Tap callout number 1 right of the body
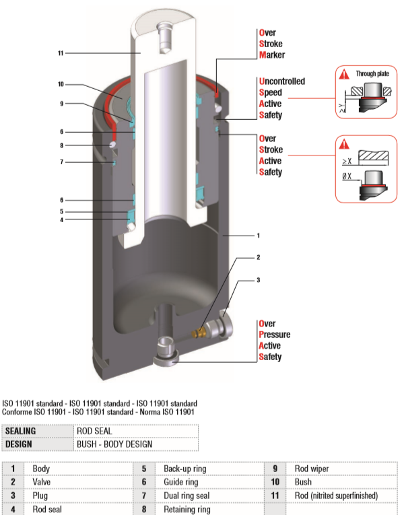(x=258, y=236)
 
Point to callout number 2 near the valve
(x=258, y=257)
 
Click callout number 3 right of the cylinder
(x=258, y=279)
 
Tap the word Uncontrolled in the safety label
(x=281, y=81)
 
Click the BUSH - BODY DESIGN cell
(x=114, y=444)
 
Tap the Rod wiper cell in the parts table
(x=310, y=468)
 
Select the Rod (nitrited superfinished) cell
(x=336, y=495)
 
